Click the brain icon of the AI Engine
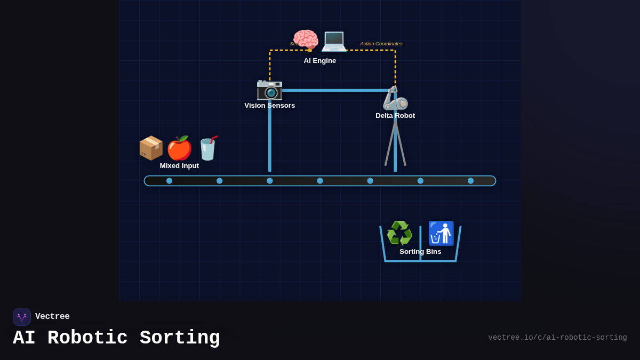(306, 40)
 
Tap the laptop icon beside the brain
(334, 40)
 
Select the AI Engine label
(320, 61)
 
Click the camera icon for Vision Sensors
(269, 89)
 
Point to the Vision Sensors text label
(269, 106)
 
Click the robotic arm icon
(395, 98)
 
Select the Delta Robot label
(395, 116)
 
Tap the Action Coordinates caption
(381, 44)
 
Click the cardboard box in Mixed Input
(151, 148)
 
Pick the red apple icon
(179, 148)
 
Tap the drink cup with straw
(207, 148)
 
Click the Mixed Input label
(179, 166)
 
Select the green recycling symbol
(399, 233)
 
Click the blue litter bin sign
(441, 233)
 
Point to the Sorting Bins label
(420, 252)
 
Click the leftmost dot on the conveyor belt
(169, 181)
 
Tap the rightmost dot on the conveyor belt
(470, 181)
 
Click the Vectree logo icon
(22, 317)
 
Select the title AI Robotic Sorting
(116, 338)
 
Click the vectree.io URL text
(557, 338)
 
